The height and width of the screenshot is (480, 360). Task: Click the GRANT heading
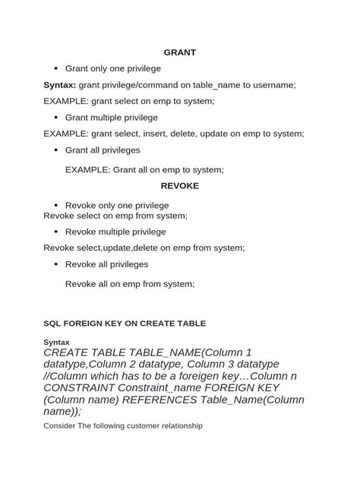click(x=180, y=52)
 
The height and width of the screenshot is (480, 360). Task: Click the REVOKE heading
click(x=180, y=186)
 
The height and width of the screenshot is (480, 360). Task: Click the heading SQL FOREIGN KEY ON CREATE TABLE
click(x=125, y=323)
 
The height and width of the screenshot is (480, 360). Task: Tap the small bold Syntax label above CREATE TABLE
click(x=57, y=343)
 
